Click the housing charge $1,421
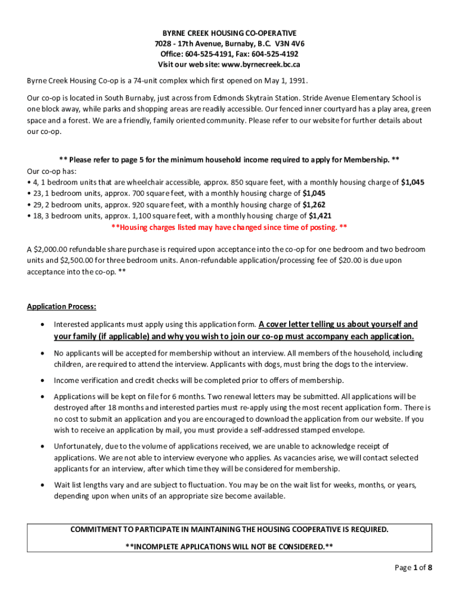tap(320, 216)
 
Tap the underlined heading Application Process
tap(61, 307)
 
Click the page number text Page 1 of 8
tap(413, 568)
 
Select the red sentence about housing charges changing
tap(229, 227)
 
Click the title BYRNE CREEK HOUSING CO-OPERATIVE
tap(229, 33)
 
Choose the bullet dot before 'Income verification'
tap(41, 380)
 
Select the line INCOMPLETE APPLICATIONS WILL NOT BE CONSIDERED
tap(229, 546)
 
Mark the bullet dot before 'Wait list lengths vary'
tap(41, 485)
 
